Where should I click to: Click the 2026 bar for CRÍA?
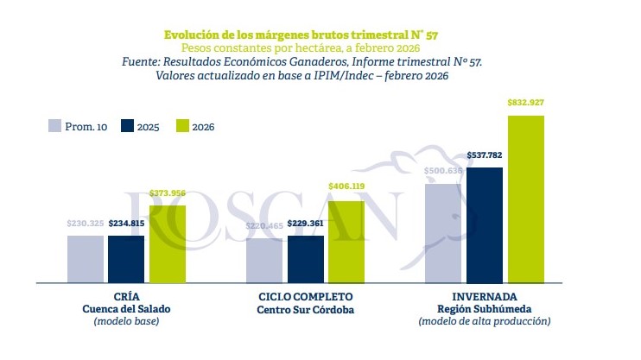click(x=168, y=244)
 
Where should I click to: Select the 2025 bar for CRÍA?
click(x=126, y=259)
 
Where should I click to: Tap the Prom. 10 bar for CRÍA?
click(x=86, y=259)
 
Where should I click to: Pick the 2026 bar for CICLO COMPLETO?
click(x=346, y=243)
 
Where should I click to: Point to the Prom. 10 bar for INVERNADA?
click(x=443, y=233)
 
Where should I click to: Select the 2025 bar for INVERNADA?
click(x=484, y=225)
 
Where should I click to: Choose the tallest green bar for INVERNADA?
click(x=525, y=199)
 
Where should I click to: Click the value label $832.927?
click(x=525, y=103)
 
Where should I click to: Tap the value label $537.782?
click(x=484, y=156)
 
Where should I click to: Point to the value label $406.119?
click(x=346, y=186)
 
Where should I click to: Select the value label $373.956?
click(x=168, y=193)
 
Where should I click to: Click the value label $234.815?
click(x=126, y=224)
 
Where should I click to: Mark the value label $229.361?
click(x=306, y=224)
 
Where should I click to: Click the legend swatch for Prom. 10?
click(x=54, y=125)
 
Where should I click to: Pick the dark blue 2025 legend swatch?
click(x=127, y=125)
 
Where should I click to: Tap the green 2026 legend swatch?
click(x=181, y=125)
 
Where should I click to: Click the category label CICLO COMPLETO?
click(x=307, y=297)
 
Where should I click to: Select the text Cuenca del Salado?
click(x=126, y=309)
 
